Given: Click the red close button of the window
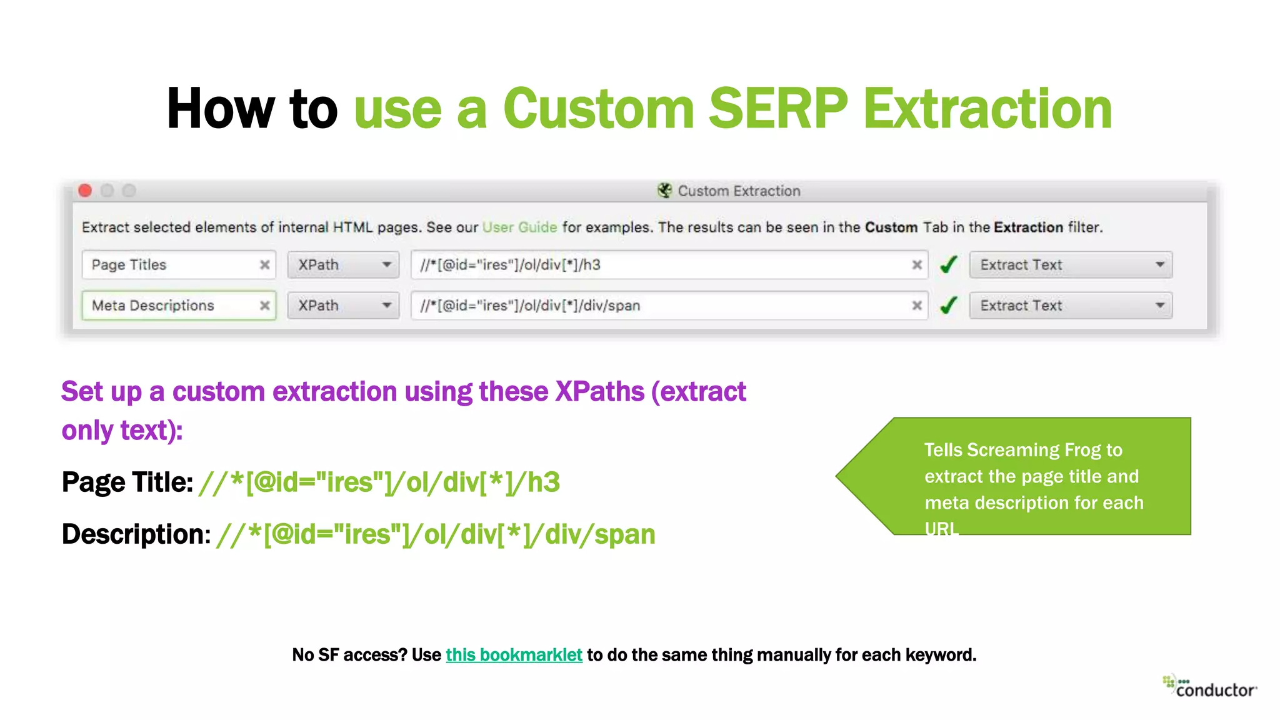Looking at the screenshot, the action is [86, 191].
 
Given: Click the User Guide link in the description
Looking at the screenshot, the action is [519, 227].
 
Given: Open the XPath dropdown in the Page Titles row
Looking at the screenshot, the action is [343, 265].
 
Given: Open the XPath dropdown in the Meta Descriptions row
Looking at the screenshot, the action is [343, 306].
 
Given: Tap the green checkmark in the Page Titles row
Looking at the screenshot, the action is [949, 265].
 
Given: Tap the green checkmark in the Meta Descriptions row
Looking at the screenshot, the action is [949, 306].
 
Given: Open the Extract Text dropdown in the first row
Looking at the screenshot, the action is [1071, 265].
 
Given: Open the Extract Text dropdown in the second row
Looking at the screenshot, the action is [1071, 306].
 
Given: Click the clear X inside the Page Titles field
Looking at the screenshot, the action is [265, 265].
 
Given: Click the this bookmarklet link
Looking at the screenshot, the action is [514, 655].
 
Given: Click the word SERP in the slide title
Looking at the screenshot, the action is [777, 109].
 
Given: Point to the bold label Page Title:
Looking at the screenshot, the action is [127, 482].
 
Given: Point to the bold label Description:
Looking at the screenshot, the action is [136, 534].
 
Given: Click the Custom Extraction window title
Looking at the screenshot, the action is [738, 191].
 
